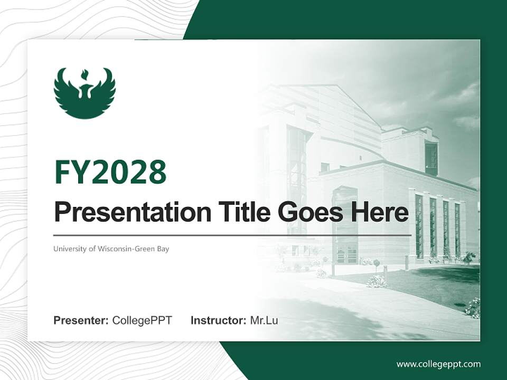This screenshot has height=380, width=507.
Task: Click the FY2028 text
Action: [x=110, y=172]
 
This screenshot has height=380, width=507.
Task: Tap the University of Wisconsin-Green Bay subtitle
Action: [x=111, y=249]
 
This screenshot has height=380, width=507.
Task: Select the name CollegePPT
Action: [x=142, y=320]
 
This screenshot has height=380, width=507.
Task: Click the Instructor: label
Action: [x=218, y=320]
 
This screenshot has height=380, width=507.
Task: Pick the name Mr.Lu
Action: [x=264, y=320]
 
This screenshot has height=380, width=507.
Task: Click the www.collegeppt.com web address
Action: [x=438, y=364]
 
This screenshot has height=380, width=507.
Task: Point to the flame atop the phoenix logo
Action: [x=84, y=73]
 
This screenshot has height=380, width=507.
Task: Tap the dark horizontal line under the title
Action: [x=232, y=235]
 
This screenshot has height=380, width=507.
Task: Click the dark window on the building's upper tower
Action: [x=431, y=158]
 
